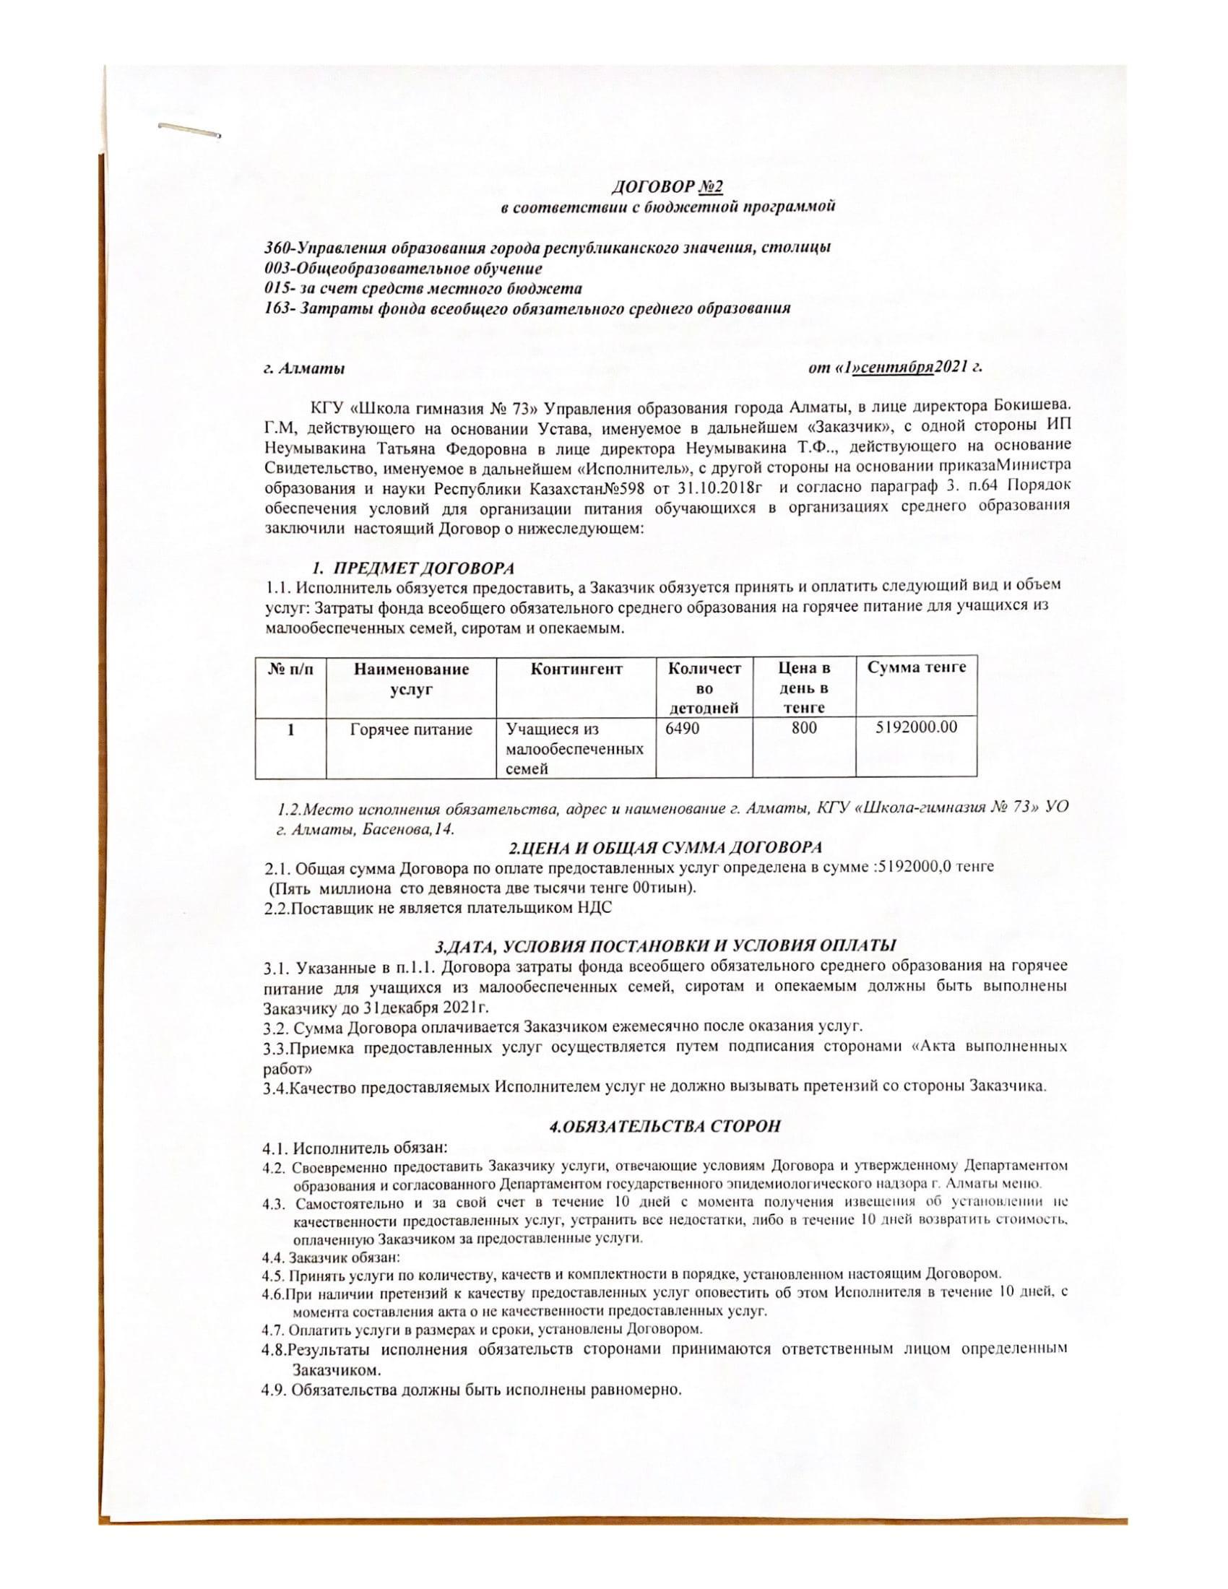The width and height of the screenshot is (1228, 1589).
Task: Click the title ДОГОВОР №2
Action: click(x=667, y=187)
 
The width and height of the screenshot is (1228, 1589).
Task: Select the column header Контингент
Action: click(x=576, y=669)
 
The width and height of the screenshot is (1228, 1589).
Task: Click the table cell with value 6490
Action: click(x=683, y=727)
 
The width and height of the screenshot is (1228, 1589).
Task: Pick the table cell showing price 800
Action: click(x=805, y=727)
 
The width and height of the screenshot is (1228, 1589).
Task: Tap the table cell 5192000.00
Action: click(x=917, y=727)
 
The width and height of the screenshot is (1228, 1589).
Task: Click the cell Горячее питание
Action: click(x=411, y=729)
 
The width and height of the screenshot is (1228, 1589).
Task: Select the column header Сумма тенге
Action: click(x=917, y=667)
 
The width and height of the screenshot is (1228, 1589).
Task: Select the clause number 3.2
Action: click(x=275, y=1026)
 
